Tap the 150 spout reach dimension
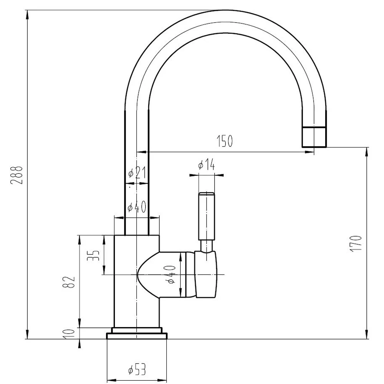pyautogui.click(x=225, y=141)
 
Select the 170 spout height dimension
pyautogui.click(x=356, y=243)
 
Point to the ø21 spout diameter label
pyautogui.click(x=137, y=173)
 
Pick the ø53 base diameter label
pyautogui.click(x=137, y=369)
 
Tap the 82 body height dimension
pyautogui.click(x=69, y=282)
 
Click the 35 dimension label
pyautogui.click(x=93, y=255)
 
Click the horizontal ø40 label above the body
pyautogui.click(x=137, y=207)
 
